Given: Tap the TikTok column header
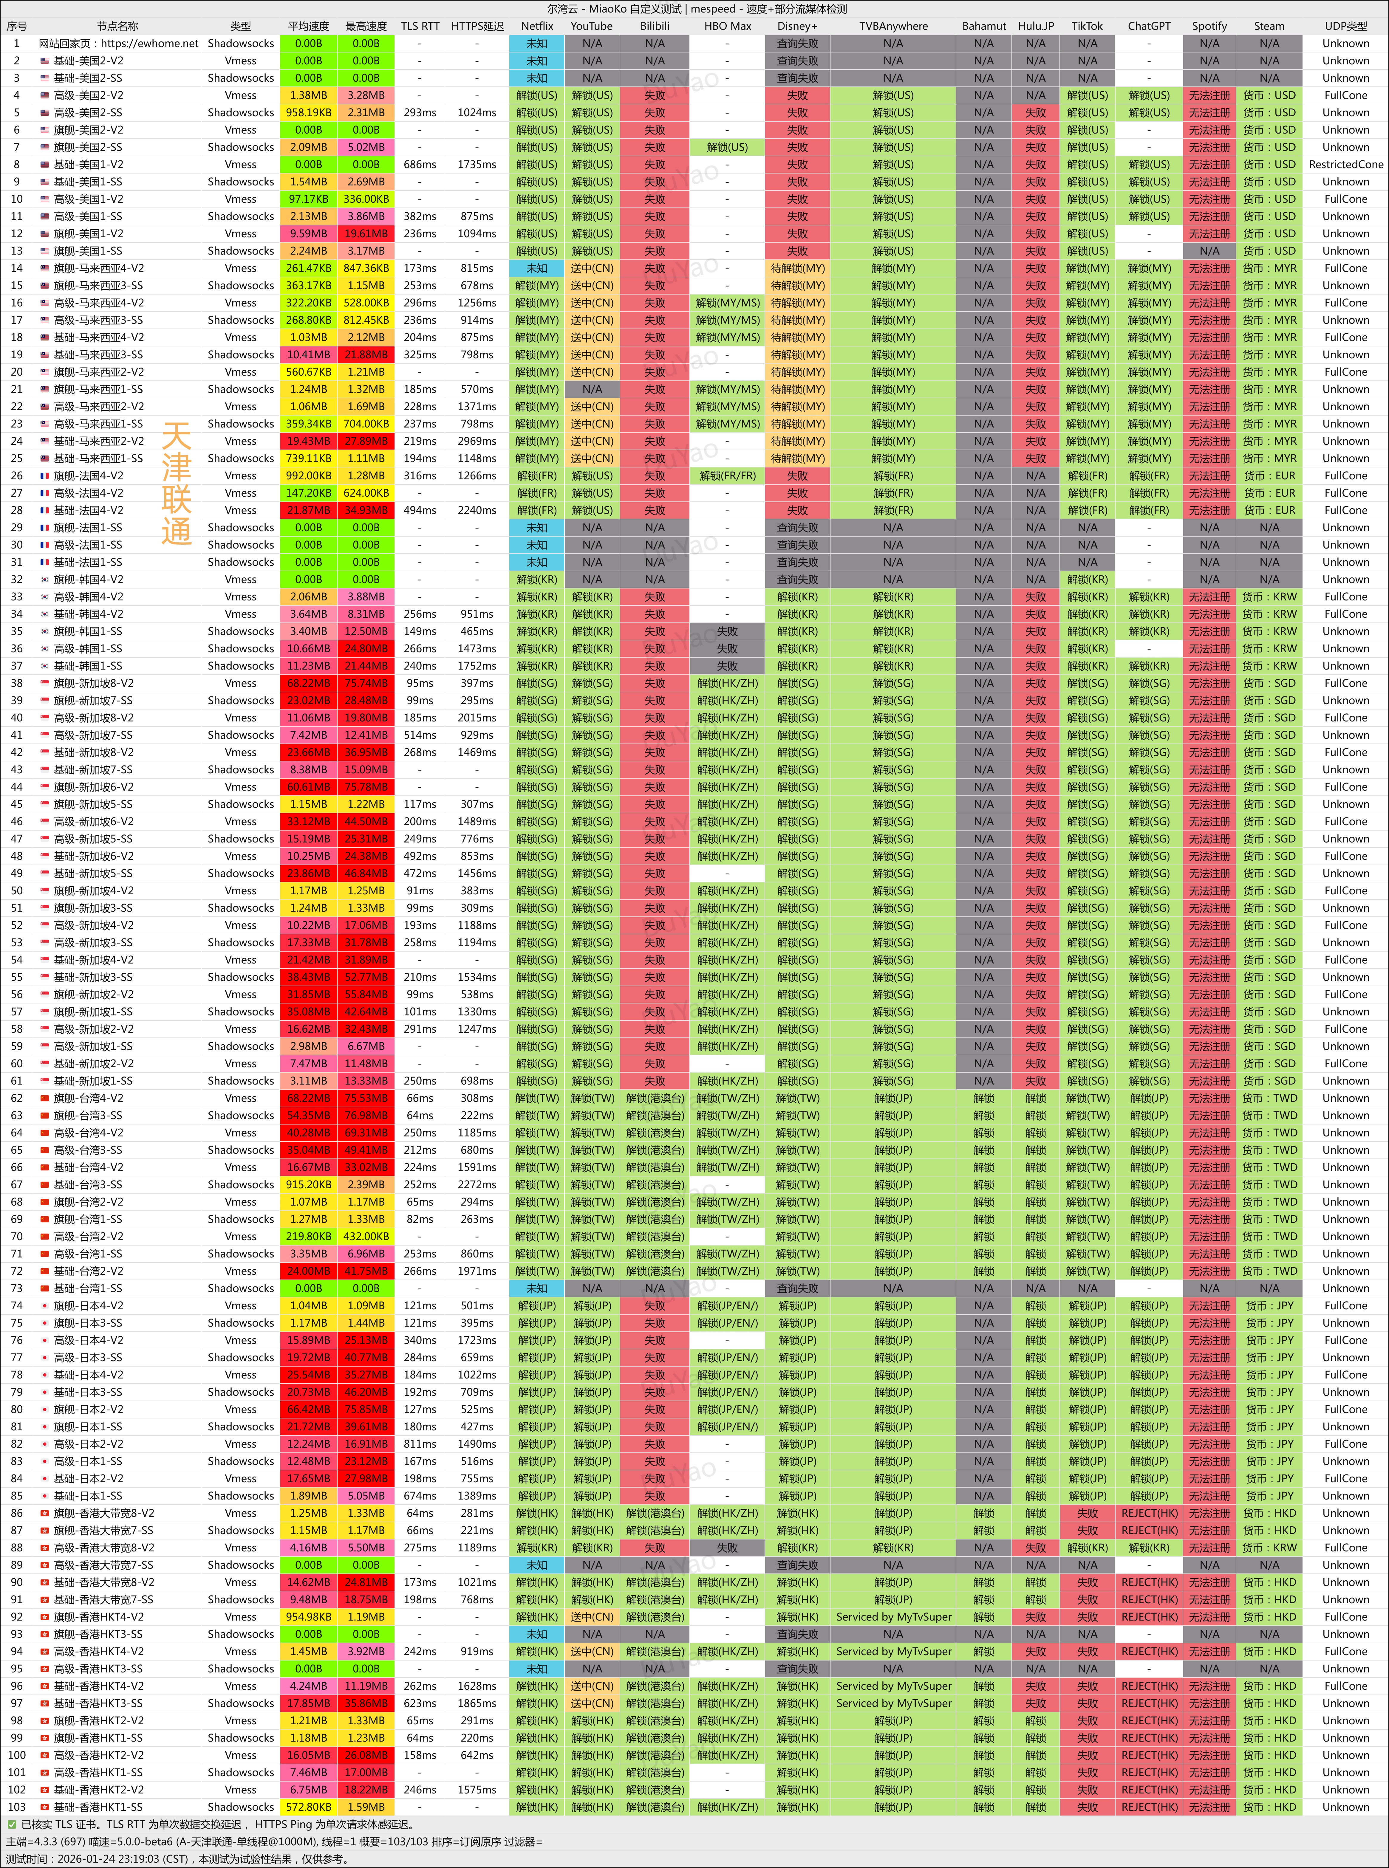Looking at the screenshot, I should pos(1087,26).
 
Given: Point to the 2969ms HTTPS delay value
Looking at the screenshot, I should pos(477,441).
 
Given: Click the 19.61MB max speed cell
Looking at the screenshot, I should pos(366,234).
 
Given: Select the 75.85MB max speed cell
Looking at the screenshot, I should pos(366,1410).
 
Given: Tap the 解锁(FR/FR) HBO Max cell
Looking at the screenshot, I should pos(727,476).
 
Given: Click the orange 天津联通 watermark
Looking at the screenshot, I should pos(177,483).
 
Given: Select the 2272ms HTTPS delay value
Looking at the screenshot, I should pos(477,1184).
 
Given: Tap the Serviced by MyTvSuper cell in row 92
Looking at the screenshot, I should pos(893,1617).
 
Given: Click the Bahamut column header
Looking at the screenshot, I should pos(984,26).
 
